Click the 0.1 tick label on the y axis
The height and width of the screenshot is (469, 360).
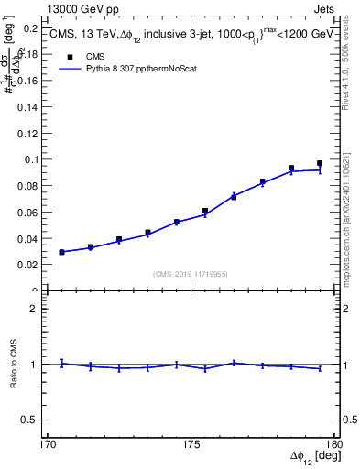click(28, 159)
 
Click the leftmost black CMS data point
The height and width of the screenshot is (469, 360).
click(61, 252)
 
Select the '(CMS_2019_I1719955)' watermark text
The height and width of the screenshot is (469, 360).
click(191, 273)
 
